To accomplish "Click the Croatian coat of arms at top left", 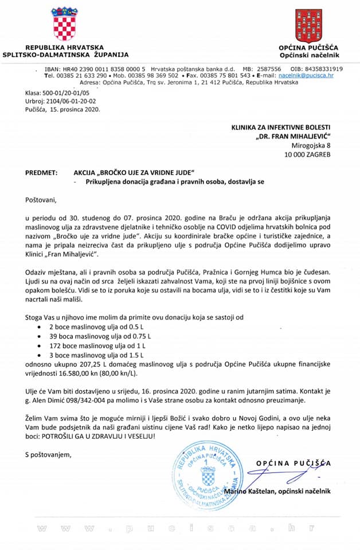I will [63, 23].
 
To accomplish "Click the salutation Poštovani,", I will [41, 201].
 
